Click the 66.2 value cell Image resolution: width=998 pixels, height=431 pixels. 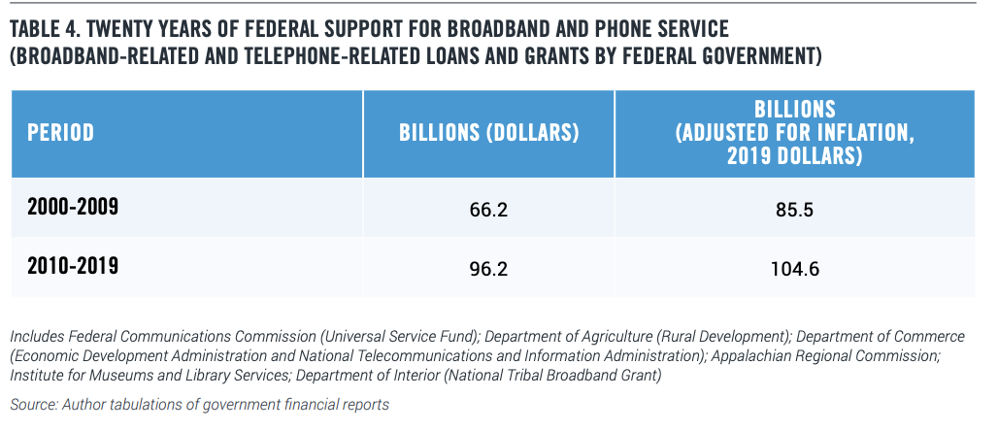(x=489, y=210)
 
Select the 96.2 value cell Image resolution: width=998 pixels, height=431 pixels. (x=489, y=269)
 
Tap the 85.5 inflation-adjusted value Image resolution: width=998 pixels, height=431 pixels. (x=794, y=210)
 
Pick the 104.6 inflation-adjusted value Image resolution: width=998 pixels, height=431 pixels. (x=794, y=269)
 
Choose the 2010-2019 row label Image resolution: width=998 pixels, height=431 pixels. (x=73, y=265)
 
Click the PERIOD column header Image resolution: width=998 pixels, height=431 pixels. (x=60, y=132)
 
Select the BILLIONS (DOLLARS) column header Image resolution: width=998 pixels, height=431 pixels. (x=489, y=132)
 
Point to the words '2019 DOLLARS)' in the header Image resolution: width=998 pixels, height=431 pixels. (x=794, y=156)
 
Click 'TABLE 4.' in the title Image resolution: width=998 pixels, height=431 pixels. (x=45, y=29)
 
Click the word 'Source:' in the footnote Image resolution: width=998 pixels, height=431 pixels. (x=33, y=404)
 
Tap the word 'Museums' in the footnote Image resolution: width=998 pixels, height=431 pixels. (x=122, y=376)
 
